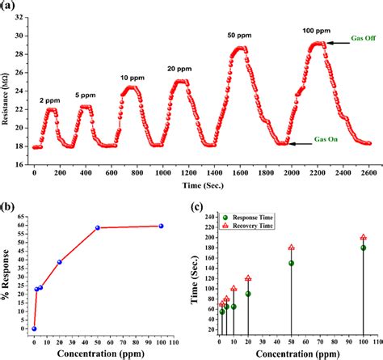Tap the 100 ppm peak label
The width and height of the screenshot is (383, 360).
tap(316, 30)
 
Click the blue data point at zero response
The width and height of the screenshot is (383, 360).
tap(34, 328)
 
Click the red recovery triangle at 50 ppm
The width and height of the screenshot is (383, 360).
tap(291, 248)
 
